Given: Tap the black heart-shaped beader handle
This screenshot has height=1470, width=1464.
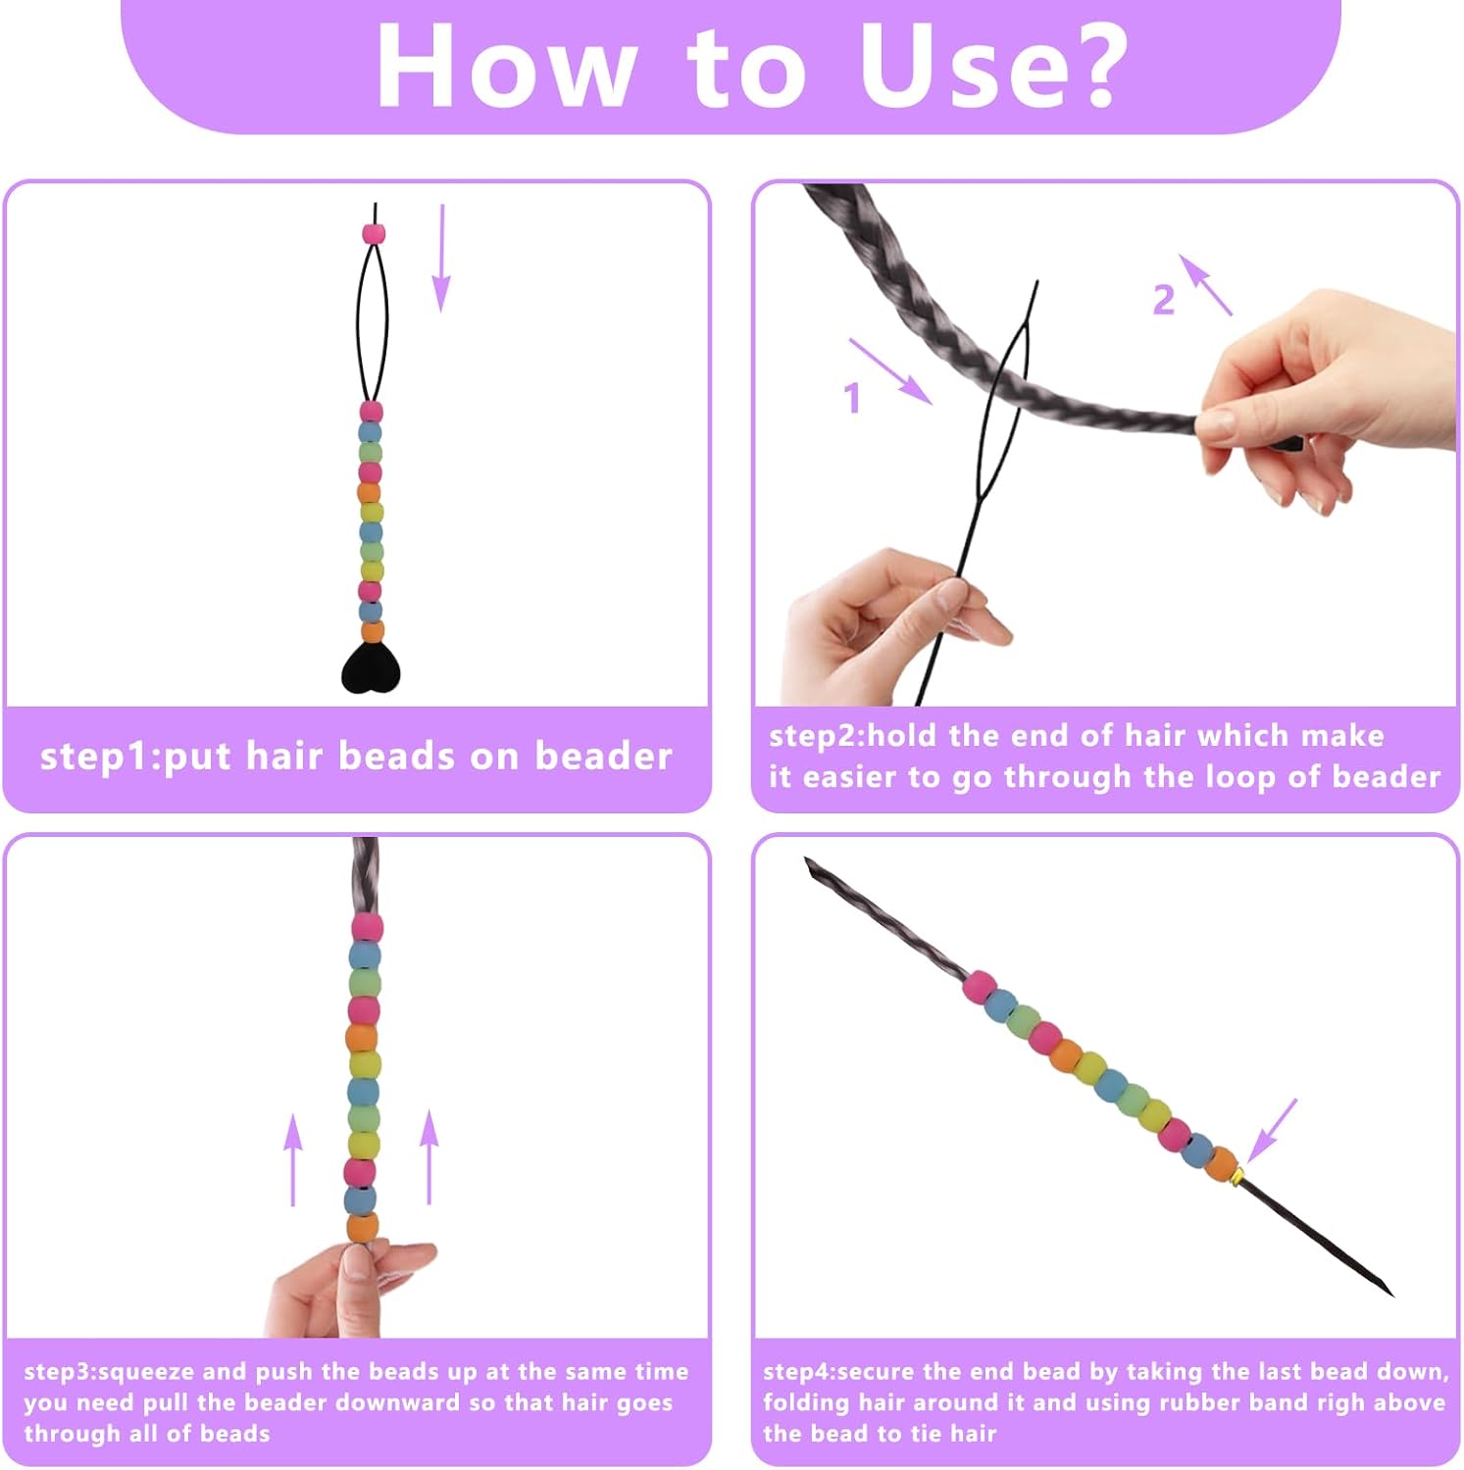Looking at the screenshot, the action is (x=371, y=668).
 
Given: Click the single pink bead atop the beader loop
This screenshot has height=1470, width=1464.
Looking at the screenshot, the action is (x=374, y=233).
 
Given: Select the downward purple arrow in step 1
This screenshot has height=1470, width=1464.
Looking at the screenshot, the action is (x=442, y=259).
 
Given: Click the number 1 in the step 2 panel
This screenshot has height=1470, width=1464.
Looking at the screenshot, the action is (x=852, y=398).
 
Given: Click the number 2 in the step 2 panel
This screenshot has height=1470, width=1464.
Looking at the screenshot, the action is (x=1163, y=300).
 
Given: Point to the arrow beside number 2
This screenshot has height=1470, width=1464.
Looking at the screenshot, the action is (x=1205, y=285).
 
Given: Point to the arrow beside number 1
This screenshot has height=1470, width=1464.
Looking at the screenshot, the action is (x=890, y=371).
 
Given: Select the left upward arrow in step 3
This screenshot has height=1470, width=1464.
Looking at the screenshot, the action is (x=293, y=1159).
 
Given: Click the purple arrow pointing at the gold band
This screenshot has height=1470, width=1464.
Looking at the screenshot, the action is (x=1272, y=1131).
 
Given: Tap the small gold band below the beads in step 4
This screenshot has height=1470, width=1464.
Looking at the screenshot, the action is (x=1238, y=1174).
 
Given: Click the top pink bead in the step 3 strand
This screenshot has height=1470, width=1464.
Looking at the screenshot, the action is (x=367, y=926).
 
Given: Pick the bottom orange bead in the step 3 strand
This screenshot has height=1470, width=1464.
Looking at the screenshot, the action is (x=362, y=1227).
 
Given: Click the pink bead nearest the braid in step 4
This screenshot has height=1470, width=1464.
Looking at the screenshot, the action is (x=979, y=987).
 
